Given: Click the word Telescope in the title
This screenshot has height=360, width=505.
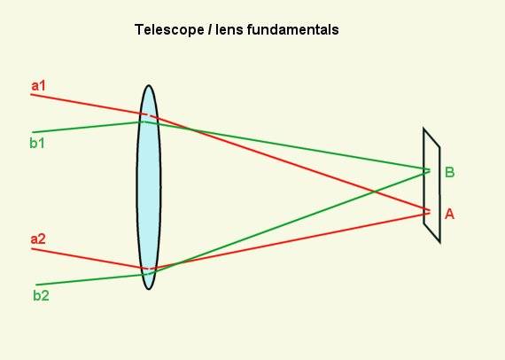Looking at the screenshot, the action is click(169, 30).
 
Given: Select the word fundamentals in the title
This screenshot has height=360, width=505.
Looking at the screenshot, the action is click(292, 29).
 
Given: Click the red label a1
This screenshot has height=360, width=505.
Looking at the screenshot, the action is click(38, 86).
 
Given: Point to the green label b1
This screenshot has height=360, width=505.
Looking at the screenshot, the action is click(37, 143).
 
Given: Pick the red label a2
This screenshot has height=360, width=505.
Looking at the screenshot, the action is click(38, 239).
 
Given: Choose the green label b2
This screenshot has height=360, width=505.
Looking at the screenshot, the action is click(41, 295).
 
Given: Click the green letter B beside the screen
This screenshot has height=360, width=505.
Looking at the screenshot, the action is click(449, 172).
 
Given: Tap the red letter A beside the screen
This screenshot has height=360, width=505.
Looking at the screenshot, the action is click(449, 214).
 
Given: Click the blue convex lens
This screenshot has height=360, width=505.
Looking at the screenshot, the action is click(149, 187).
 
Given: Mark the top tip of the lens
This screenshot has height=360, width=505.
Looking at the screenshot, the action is click(149, 85).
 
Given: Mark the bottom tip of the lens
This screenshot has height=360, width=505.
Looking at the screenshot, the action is click(149, 289).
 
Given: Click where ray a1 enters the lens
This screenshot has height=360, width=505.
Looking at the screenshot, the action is click(140, 113).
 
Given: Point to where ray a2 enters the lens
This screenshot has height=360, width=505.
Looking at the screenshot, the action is click(140, 268).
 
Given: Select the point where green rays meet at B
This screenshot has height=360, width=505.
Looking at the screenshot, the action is click(430, 170).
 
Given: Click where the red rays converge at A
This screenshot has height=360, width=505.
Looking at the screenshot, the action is click(430, 212).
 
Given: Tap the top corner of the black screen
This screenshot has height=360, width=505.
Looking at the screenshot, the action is click(423, 129).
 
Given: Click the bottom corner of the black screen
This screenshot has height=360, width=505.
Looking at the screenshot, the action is click(439, 241).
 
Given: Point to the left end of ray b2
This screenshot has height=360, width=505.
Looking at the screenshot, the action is click(35, 285).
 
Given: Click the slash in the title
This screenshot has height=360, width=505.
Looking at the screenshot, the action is click(210, 29).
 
